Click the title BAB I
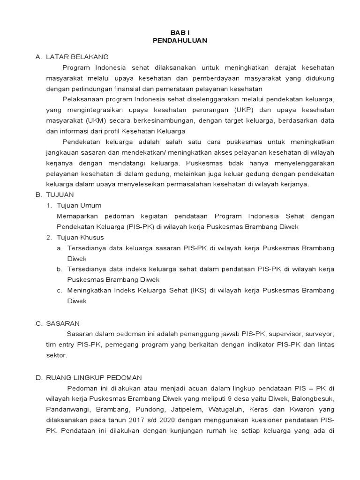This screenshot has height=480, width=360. [180, 32]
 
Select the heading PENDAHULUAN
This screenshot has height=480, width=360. [180, 41]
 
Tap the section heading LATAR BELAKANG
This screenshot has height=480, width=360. [77, 57]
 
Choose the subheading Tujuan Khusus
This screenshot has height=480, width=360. [80, 238]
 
